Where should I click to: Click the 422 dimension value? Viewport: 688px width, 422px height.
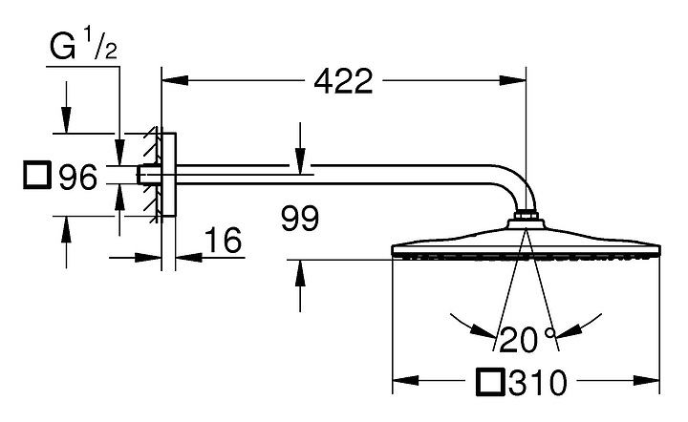pos(343,81)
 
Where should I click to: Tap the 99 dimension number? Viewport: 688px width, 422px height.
pos(300,219)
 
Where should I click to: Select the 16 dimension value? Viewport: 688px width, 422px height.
pos(224,241)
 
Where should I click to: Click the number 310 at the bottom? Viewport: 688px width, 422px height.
pos(538,383)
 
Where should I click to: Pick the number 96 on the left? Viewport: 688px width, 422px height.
pos(77,177)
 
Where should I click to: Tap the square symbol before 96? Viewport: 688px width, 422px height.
pos(37,176)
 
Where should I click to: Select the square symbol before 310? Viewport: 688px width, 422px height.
pos(490,382)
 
